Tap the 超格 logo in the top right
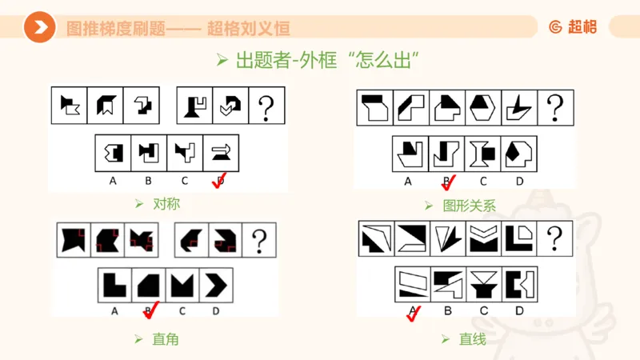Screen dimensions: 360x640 572,27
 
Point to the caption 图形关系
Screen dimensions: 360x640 469,206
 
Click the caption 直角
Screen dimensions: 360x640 165,339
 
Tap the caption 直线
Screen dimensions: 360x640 472,339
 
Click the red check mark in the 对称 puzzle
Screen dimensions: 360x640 218,183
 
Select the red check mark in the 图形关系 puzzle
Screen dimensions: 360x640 449,183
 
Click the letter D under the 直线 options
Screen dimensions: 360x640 519,310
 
